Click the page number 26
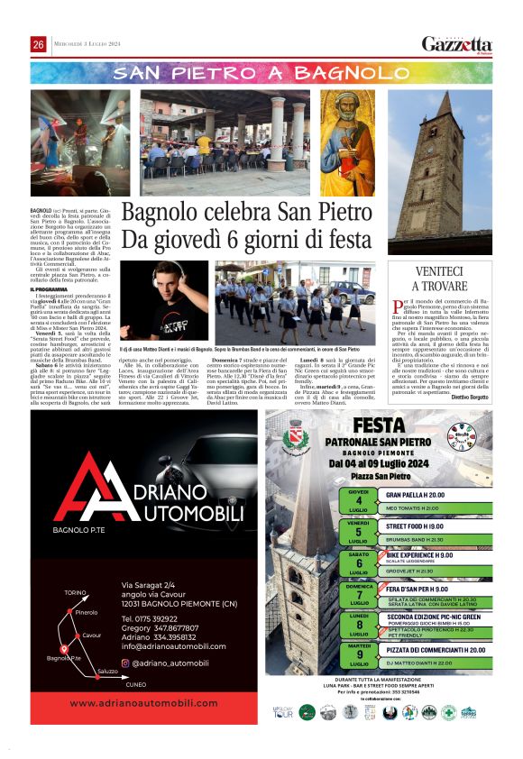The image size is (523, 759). click(39, 45)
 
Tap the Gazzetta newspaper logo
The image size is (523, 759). click(457, 44)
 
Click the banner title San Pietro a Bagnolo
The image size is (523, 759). click(261, 72)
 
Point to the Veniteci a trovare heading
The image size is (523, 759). click(440, 279)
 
